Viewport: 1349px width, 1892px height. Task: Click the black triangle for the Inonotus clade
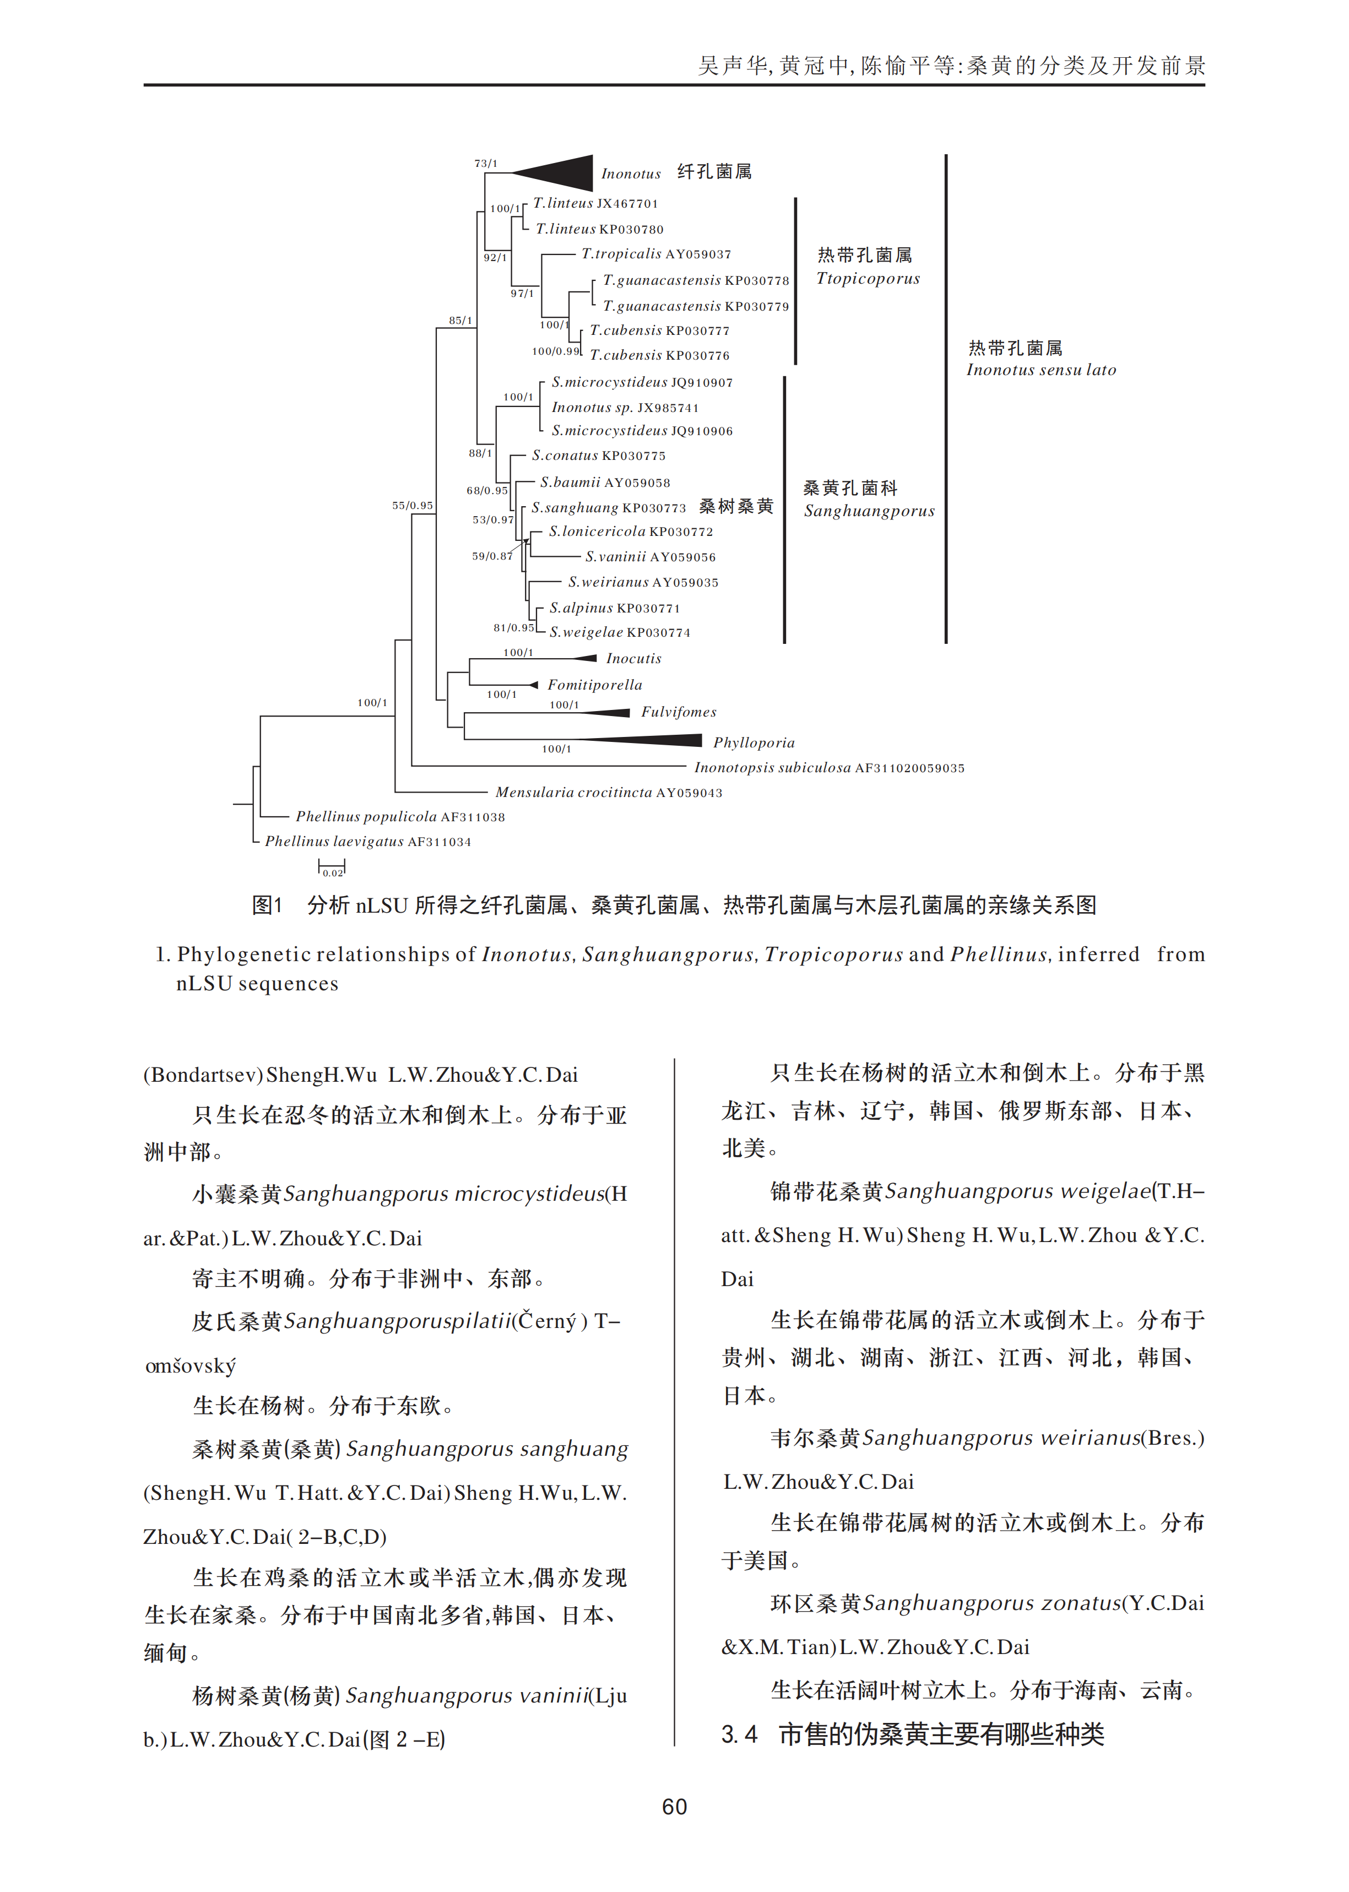pos(561,173)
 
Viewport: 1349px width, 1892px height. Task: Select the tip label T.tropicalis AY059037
pos(656,254)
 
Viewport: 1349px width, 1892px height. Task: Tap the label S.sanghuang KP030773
pos(609,507)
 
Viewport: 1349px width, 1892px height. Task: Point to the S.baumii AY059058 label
pos(605,483)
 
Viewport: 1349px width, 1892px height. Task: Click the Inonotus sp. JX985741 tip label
pos(625,408)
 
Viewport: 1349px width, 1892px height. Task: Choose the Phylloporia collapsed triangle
pos(648,741)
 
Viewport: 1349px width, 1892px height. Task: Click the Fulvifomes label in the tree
pos(678,712)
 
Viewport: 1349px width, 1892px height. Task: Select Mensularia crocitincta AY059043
pos(609,793)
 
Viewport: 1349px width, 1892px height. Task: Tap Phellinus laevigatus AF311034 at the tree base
pos(367,842)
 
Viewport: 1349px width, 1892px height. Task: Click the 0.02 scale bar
pos(332,869)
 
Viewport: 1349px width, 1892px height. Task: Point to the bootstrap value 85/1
pos(460,321)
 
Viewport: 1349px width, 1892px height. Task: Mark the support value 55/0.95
pos(412,505)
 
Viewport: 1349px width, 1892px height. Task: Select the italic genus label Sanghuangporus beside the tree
pos(869,511)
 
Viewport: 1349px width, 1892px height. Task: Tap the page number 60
pos(674,1807)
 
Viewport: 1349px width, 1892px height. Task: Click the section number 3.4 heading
pos(739,1734)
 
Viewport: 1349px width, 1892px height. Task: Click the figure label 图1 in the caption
pos(268,906)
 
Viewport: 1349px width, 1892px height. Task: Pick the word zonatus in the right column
pos(1077,1603)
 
